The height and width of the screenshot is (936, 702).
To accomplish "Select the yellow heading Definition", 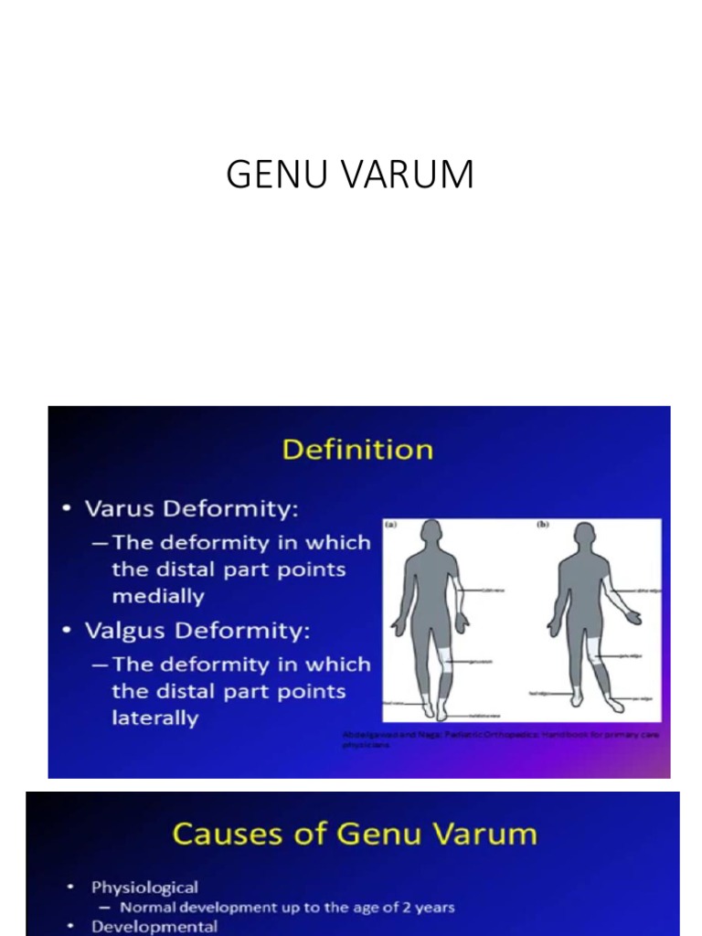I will (x=357, y=450).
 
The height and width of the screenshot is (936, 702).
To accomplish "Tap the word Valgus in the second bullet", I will (x=122, y=631).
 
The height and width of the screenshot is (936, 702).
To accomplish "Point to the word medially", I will (x=158, y=596).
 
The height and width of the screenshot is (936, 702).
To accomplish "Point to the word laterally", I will (x=155, y=718).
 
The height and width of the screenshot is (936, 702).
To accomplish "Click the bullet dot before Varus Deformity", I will (x=69, y=509).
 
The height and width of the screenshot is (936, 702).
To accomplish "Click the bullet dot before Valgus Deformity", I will (x=69, y=632).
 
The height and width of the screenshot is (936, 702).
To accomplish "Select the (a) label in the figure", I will (x=392, y=526).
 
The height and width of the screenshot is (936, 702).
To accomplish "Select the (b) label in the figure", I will (x=541, y=526).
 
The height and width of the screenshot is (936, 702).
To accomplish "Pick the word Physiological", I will (x=144, y=888).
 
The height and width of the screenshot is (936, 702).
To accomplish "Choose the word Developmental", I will (x=154, y=926).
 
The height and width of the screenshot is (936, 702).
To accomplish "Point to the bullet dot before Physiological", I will (x=70, y=888).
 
